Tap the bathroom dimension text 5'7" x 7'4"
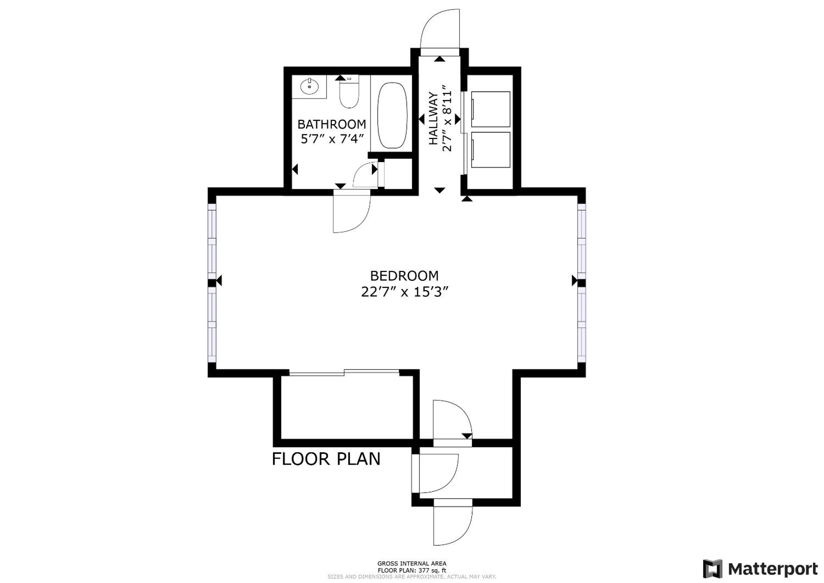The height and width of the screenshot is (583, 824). tap(332, 139)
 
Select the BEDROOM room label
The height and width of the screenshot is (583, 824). tap(405, 276)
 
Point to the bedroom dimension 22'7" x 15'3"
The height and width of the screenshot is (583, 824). tap(405, 292)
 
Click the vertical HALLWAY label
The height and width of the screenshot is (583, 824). tap(434, 118)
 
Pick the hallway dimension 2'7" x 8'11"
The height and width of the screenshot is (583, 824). tap(448, 118)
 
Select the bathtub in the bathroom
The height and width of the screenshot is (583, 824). tap(393, 115)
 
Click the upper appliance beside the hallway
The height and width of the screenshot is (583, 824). tap(491, 109)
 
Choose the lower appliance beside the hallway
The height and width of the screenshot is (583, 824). tap(491, 150)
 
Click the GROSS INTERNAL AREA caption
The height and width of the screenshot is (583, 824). tap(412, 564)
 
